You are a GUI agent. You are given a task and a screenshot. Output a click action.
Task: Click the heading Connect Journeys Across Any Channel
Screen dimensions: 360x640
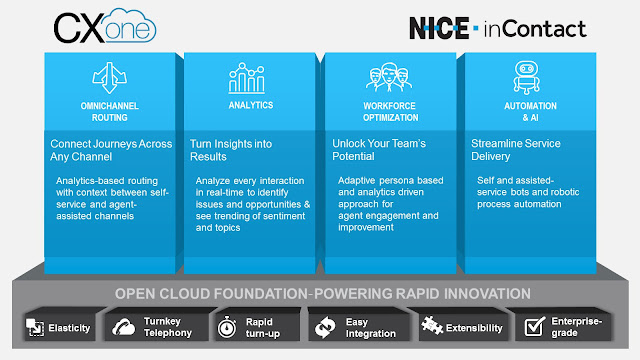112,150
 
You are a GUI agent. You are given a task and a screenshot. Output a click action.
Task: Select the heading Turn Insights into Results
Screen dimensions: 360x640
233,150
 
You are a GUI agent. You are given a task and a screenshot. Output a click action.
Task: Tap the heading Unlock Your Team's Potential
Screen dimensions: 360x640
381,150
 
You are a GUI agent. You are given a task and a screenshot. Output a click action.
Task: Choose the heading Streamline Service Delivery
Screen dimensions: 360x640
515,150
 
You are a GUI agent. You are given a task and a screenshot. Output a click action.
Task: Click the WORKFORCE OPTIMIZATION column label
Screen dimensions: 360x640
389,111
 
